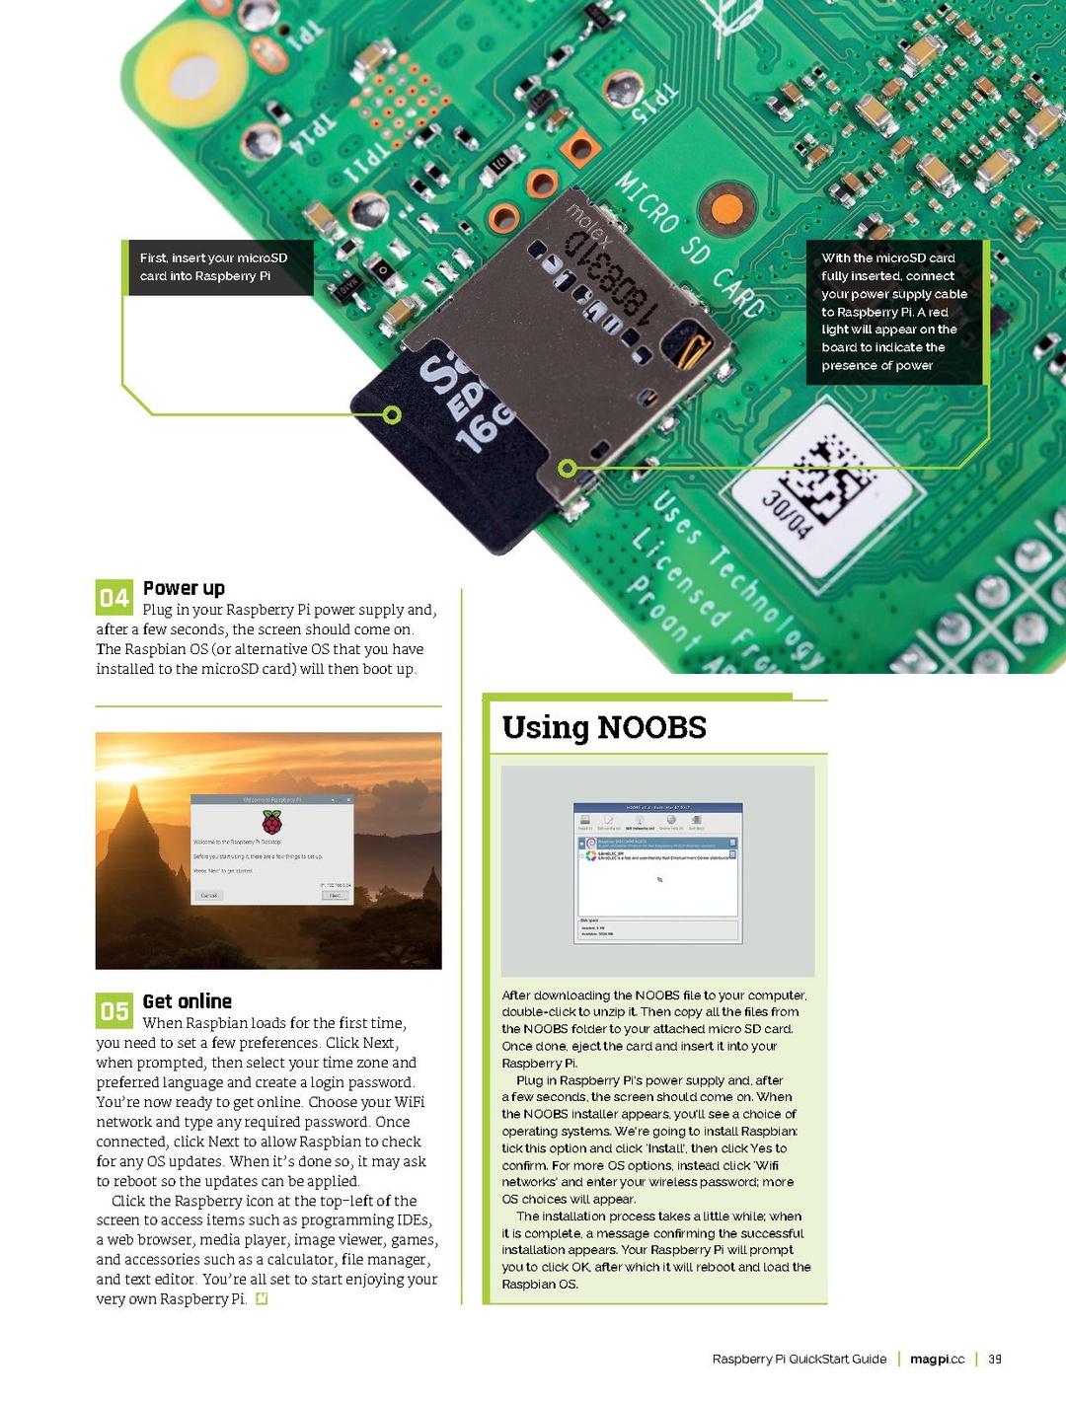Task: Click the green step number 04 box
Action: (x=114, y=597)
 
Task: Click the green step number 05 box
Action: (x=114, y=1010)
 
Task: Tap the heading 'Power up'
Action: (x=184, y=588)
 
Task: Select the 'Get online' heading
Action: (x=187, y=1001)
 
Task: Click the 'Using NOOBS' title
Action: (x=604, y=727)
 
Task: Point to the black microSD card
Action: (x=454, y=444)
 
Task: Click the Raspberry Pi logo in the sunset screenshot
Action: (x=271, y=823)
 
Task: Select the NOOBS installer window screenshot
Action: (x=657, y=873)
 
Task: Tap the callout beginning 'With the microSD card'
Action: (x=894, y=312)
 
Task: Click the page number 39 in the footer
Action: (x=995, y=1359)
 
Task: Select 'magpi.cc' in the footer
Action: (x=937, y=1359)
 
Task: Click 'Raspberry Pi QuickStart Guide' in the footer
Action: (x=799, y=1359)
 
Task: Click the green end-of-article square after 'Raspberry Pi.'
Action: (x=262, y=1299)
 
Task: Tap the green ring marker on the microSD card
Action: (x=392, y=414)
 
